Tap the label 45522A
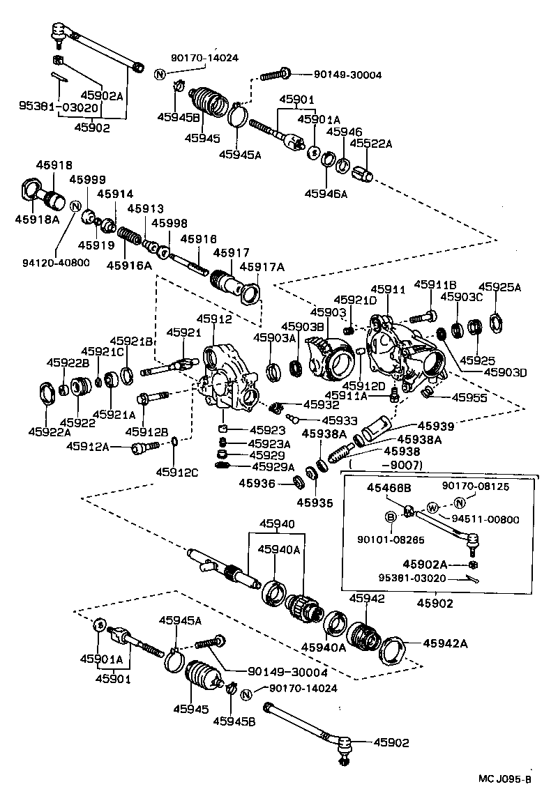(370, 144)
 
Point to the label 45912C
(177, 472)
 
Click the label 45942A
(444, 643)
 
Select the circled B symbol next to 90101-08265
(391, 517)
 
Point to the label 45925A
(499, 286)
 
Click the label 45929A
(273, 466)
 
